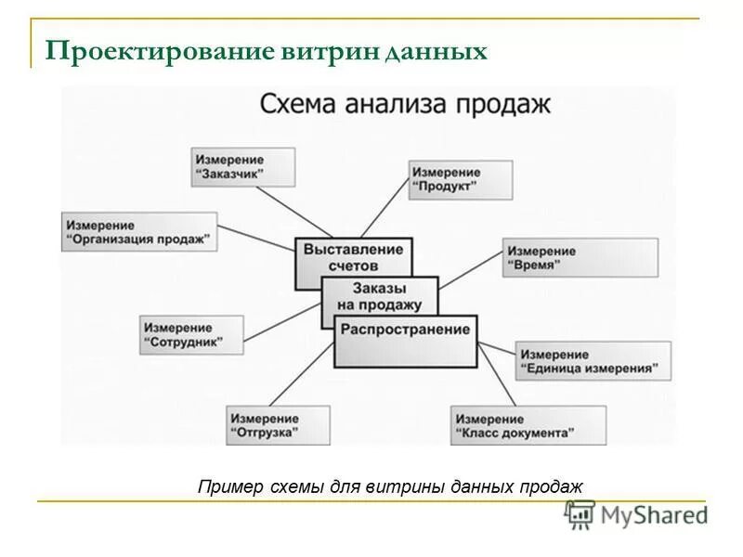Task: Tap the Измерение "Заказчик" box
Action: [x=243, y=167]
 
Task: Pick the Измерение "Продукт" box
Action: [x=461, y=179]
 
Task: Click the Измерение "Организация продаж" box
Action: [x=140, y=232]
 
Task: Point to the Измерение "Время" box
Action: [x=580, y=257]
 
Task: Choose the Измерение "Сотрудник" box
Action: [x=191, y=334]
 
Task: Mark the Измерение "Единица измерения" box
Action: [x=591, y=361]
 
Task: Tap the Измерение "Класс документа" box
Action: [x=528, y=425]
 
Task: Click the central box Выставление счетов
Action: [x=353, y=256]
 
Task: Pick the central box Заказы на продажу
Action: [x=379, y=297]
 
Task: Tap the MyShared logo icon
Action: [x=580, y=514]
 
